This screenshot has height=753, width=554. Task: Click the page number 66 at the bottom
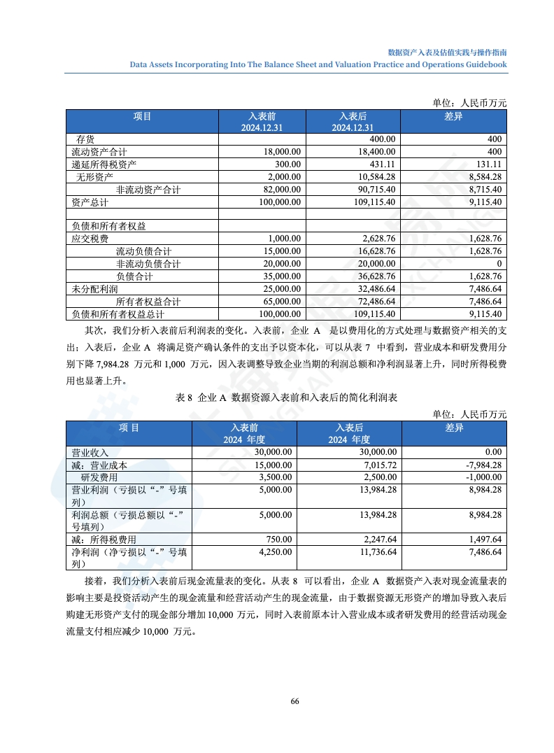click(294, 701)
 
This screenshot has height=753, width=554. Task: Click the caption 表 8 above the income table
click(185, 397)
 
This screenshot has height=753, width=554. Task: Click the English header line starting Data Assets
click(318, 64)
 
